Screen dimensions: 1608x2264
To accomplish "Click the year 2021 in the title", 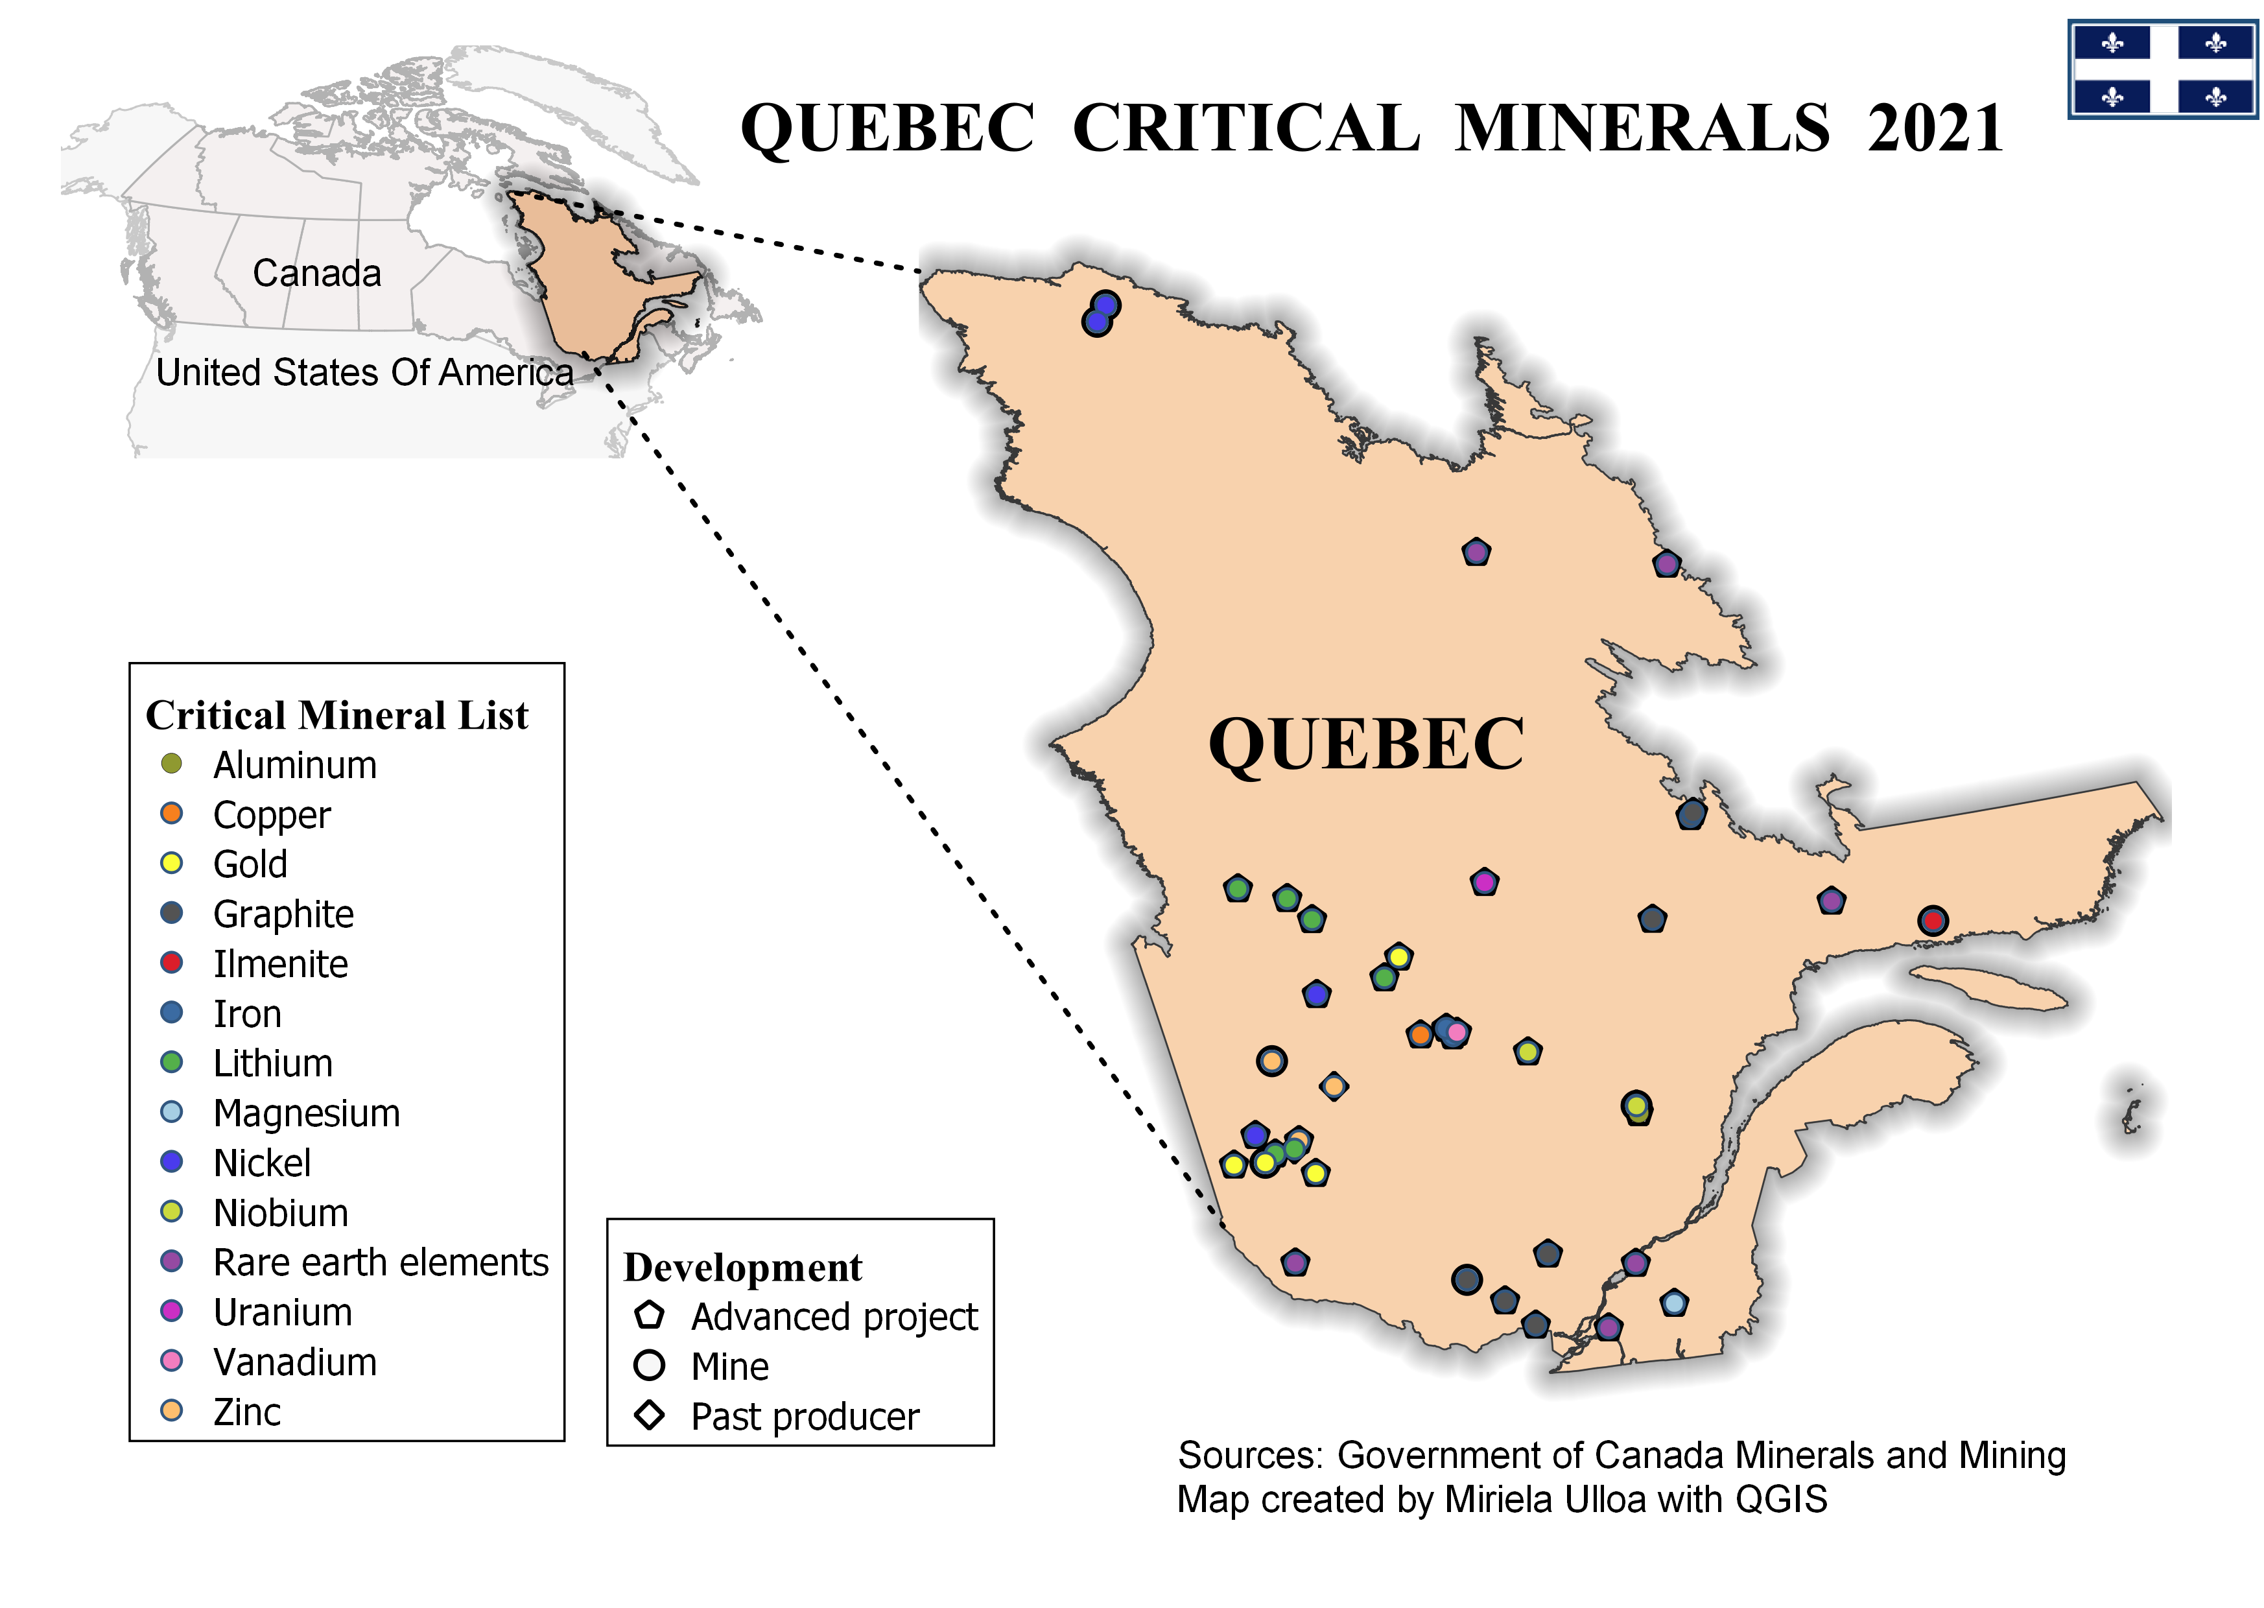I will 1935,129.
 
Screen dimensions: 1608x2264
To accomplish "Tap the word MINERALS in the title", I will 1642,129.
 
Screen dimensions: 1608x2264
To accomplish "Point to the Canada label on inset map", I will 317,273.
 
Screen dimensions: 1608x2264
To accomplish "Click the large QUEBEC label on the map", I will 1365,744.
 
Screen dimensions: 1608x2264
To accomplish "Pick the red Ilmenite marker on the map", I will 1931,921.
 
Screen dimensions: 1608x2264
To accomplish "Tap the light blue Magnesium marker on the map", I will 1673,1303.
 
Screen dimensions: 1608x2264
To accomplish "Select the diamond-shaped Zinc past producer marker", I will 1334,1086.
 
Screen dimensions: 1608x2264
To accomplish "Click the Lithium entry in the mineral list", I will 273,1063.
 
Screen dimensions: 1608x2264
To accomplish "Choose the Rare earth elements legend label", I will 381,1262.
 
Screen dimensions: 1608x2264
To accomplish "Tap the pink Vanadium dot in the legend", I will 171,1360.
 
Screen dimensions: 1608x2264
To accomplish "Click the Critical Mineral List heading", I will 336,715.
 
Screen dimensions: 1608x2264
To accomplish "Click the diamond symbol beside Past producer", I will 650,1415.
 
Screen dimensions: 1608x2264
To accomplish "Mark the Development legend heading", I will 742,1268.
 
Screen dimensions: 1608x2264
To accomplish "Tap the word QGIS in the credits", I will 1781,1500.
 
